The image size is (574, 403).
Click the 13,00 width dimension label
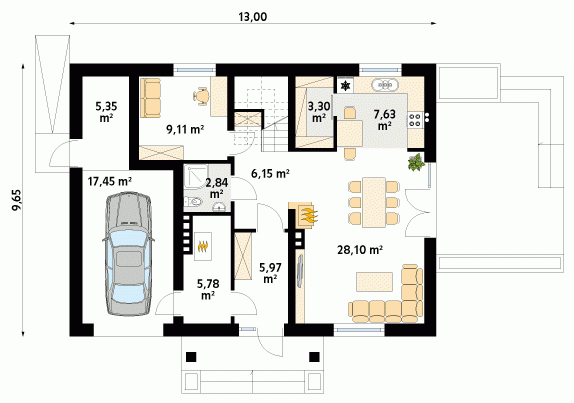pyautogui.click(x=252, y=17)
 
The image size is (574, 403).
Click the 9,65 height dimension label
pyautogui.click(x=17, y=201)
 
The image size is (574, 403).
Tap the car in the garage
pyautogui.click(x=129, y=253)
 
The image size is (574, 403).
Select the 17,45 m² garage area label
pyautogui.click(x=110, y=181)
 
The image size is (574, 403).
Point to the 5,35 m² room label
pyautogui.click(x=106, y=112)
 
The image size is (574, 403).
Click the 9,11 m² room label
pyautogui.click(x=185, y=129)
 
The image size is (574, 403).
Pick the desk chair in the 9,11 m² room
pyautogui.click(x=201, y=96)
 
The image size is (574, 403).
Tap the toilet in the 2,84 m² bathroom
pyautogui.click(x=194, y=201)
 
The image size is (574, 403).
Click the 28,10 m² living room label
pyautogui.click(x=360, y=250)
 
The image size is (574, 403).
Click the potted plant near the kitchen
pyautogui.click(x=416, y=162)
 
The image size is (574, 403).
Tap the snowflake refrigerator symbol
pyautogui.click(x=345, y=86)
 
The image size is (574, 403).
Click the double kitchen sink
pyautogui.click(x=385, y=85)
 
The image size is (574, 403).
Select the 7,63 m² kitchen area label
pyautogui.click(x=384, y=120)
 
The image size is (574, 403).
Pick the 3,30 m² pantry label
pyautogui.click(x=319, y=112)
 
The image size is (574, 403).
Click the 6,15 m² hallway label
pyautogui.click(x=270, y=173)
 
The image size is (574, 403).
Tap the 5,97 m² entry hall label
pyautogui.click(x=270, y=273)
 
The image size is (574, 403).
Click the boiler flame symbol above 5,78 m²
pyautogui.click(x=203, y=247)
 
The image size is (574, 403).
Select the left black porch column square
pyautogui.click(x=191, y=357)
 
